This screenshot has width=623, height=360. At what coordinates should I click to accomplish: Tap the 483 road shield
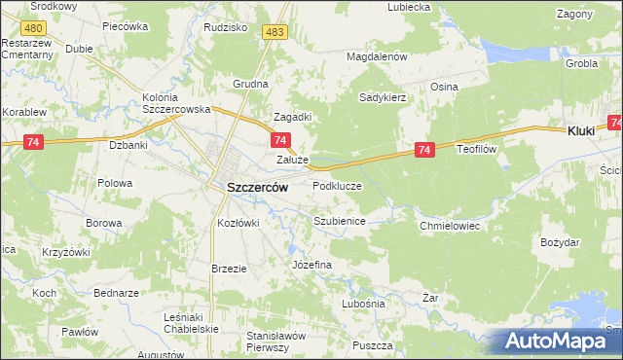tap(275, 33)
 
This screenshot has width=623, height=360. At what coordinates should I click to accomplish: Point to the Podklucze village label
tap(337, 185)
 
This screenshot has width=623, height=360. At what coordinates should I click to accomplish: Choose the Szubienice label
tap(339, 221)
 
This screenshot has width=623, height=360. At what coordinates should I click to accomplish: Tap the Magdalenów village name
tap(377, 56)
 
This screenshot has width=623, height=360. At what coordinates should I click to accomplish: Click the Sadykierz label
tap(382, 97)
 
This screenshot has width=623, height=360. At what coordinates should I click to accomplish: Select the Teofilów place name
tap(478, 150)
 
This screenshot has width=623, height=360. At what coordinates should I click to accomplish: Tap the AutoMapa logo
tap(559, 342)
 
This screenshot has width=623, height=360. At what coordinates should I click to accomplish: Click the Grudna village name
tap(249, 84)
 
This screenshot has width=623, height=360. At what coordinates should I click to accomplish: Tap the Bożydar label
tap(561, 240)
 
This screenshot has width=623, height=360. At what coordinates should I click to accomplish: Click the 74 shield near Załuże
tap(278, 141)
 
